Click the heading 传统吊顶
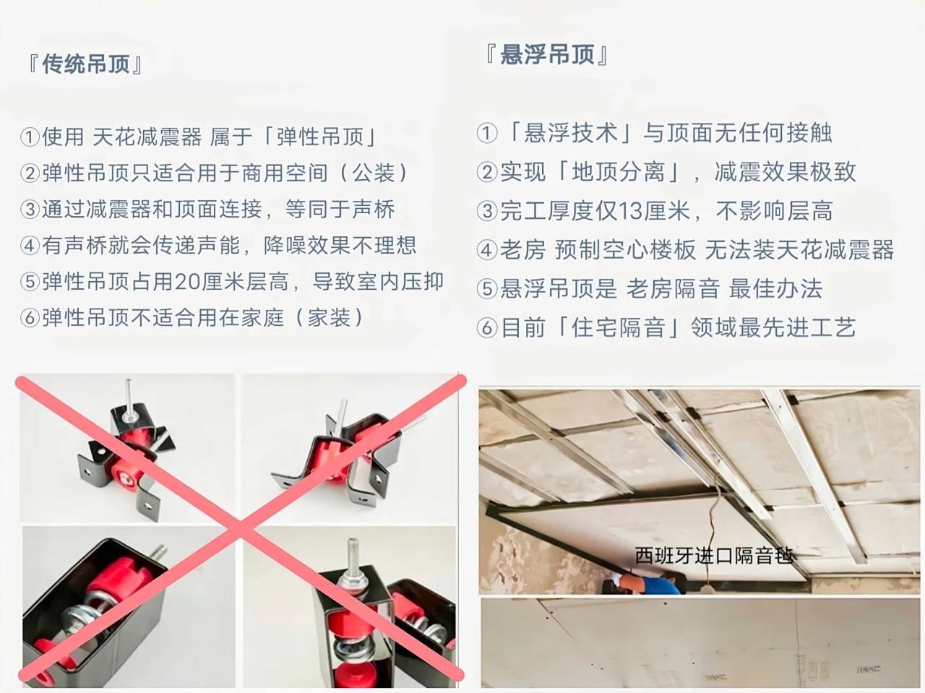point(86,65)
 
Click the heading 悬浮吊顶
point(547,55)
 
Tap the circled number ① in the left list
point(30,137)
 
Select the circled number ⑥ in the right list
point(487,328)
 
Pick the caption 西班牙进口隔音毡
point(714,556)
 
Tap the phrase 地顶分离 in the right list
point(618,172)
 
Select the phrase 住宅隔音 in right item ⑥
point(618,328)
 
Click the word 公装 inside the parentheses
point(374,173)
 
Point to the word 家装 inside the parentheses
point(329,318)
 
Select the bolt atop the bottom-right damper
point(351,560)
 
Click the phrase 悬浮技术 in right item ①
point(571,133)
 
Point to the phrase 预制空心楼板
point(625,250)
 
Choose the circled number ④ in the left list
point(30,246)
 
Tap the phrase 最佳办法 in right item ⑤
point(775,289)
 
